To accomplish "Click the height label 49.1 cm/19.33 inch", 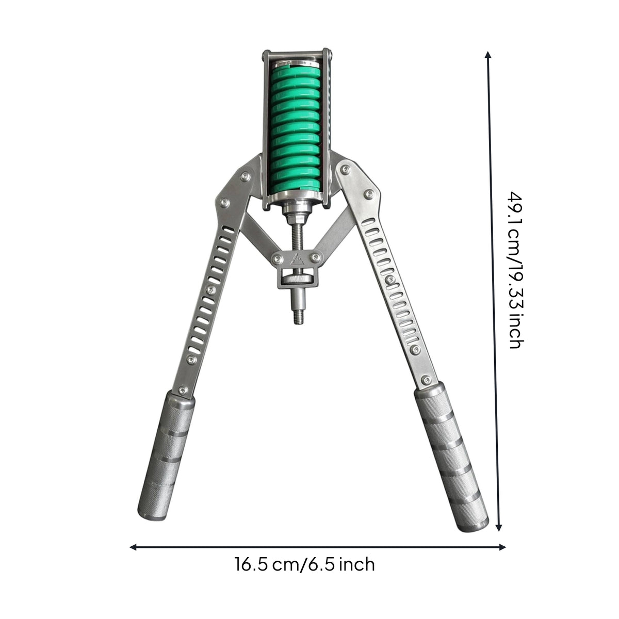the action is click(516, 270).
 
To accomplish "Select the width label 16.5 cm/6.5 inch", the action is click(304, 574).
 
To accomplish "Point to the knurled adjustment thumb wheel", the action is click(297, 280).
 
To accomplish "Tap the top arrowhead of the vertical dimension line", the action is click(488, 55).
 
